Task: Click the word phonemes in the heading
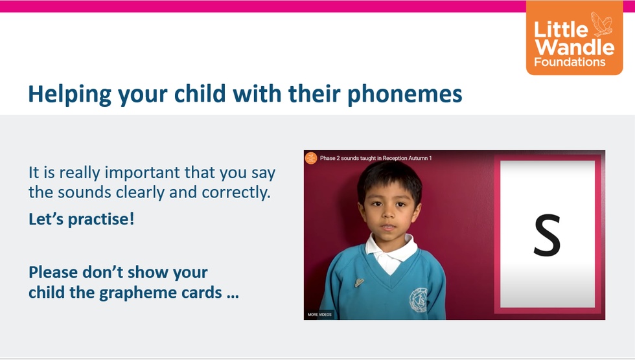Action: pyautogui.click(x=405, y=95)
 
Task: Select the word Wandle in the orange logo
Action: pyautogui.click(x=575, y=47)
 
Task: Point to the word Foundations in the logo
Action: pyautogui.click(x=570, y=62)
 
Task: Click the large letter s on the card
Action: pyautogui.click(x=547, y=235)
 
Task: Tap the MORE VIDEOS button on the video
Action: pyautogui.click(x=319, y=314)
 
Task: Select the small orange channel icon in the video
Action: pyautogui.click(x=311, y=158)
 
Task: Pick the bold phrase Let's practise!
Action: pyautogui.click(x=81, y=219)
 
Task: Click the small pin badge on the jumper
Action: pyautogui.click(x=359, y=282)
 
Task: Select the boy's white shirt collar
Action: pyautogui.click(x=391, y=251)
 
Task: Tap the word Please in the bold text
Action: pyautogui.click(x=53, y=272)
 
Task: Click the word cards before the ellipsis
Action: pyautogui.click(x=202, y=293)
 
